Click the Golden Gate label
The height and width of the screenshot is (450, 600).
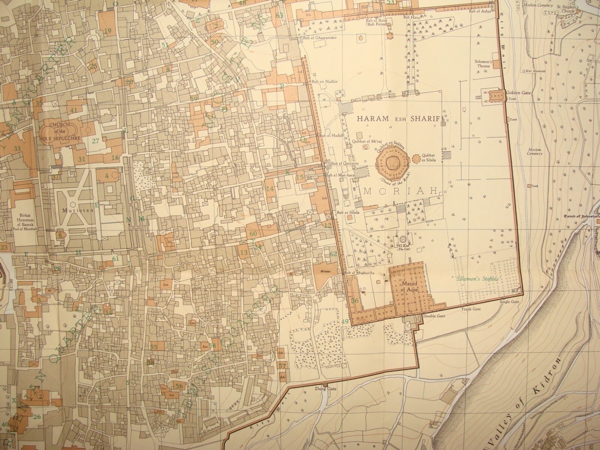(518, 92)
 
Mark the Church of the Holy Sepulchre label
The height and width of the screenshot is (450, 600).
(60, 131)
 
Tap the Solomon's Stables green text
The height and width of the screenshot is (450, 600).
(477, 279)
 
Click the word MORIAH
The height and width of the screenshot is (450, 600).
(400, 191)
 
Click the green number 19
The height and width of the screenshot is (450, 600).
(108, 30)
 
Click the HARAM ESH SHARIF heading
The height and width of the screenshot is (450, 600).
(398, 118)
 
